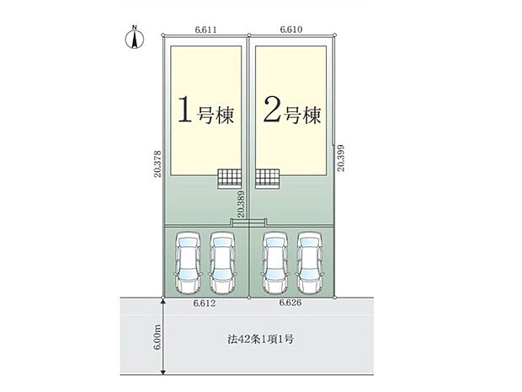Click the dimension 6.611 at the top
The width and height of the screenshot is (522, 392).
click(206, 30)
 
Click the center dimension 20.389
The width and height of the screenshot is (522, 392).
click(242, 205)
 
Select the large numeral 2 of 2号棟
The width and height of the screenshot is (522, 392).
click(271, 111)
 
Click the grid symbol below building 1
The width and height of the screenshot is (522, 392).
click(229, 177)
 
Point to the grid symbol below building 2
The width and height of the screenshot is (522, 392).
click(267, 177)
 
